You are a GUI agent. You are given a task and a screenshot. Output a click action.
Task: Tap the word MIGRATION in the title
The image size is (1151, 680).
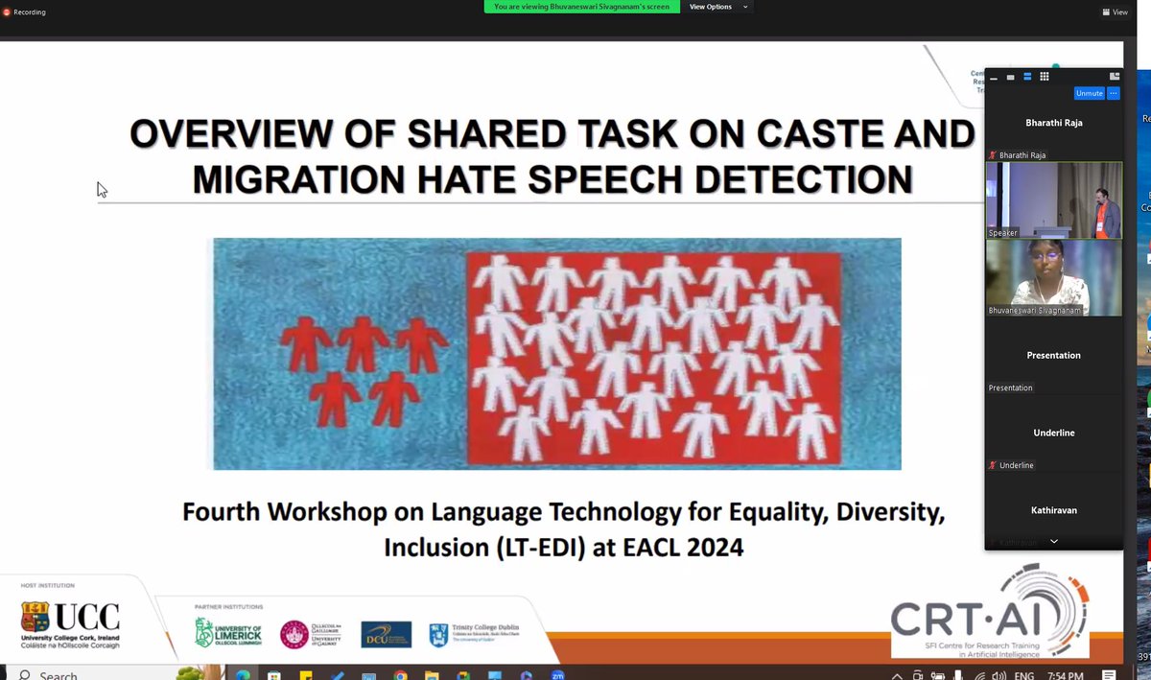(302, 178)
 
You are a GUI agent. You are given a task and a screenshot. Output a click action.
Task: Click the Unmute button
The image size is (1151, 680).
(1089, 93)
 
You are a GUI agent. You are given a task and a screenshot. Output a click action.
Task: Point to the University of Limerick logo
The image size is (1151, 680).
(228, 631)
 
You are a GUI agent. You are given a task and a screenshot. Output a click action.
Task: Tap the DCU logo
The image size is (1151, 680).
(387, 634)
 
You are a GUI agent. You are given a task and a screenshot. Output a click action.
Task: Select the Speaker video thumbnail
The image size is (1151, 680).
(1053, 199)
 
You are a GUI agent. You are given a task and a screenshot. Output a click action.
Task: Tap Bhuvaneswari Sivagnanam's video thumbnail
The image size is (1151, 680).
(1053, 277)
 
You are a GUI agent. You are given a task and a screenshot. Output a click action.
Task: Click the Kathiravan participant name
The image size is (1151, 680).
(1053, 510)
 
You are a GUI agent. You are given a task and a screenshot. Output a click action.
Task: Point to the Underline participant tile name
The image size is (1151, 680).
(1053, 433)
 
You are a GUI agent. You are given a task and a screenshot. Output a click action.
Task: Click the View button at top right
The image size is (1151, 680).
(1115, 12)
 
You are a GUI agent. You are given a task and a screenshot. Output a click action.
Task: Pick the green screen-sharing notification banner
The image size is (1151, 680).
(582, 7)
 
